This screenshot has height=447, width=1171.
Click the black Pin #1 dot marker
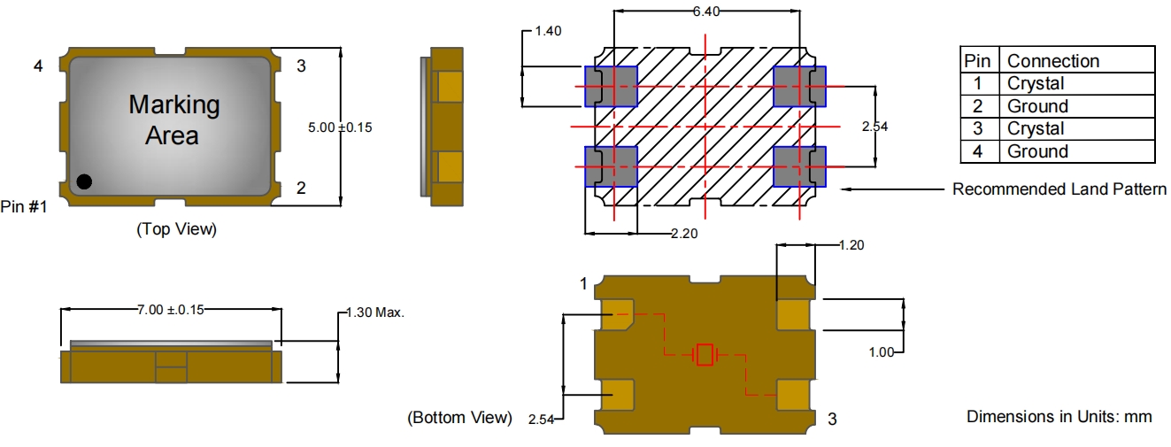[x=83, y=181]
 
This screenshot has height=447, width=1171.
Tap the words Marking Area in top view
[x=173, y=120]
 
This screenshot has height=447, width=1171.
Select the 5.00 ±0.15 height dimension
[x=340, y=127]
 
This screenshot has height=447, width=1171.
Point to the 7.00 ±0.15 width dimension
[x=171, y=309]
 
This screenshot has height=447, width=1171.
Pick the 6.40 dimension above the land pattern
[x=706, y=12]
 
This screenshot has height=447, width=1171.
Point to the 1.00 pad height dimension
[x=883, y=352]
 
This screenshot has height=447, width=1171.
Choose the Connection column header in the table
[x=1053, y=61]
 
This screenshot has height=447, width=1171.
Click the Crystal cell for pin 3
[x=1036, y=129]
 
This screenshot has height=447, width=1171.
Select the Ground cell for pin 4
[x=1037, y=151]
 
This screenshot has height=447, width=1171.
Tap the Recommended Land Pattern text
[x=1059, y=189]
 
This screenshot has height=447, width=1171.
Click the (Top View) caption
[x=176, y=229]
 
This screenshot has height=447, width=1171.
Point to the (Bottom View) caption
[x=458, y=417]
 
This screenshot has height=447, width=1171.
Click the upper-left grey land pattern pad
[x=612, y=87]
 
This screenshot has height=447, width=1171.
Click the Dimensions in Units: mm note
[x=1059, y=416]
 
